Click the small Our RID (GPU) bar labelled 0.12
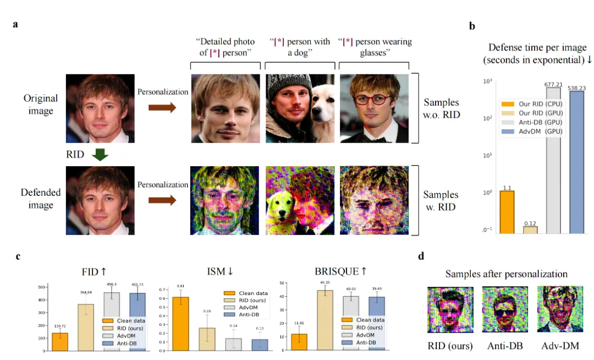[x=530, y=230]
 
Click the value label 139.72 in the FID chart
[x=59, y=326]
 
